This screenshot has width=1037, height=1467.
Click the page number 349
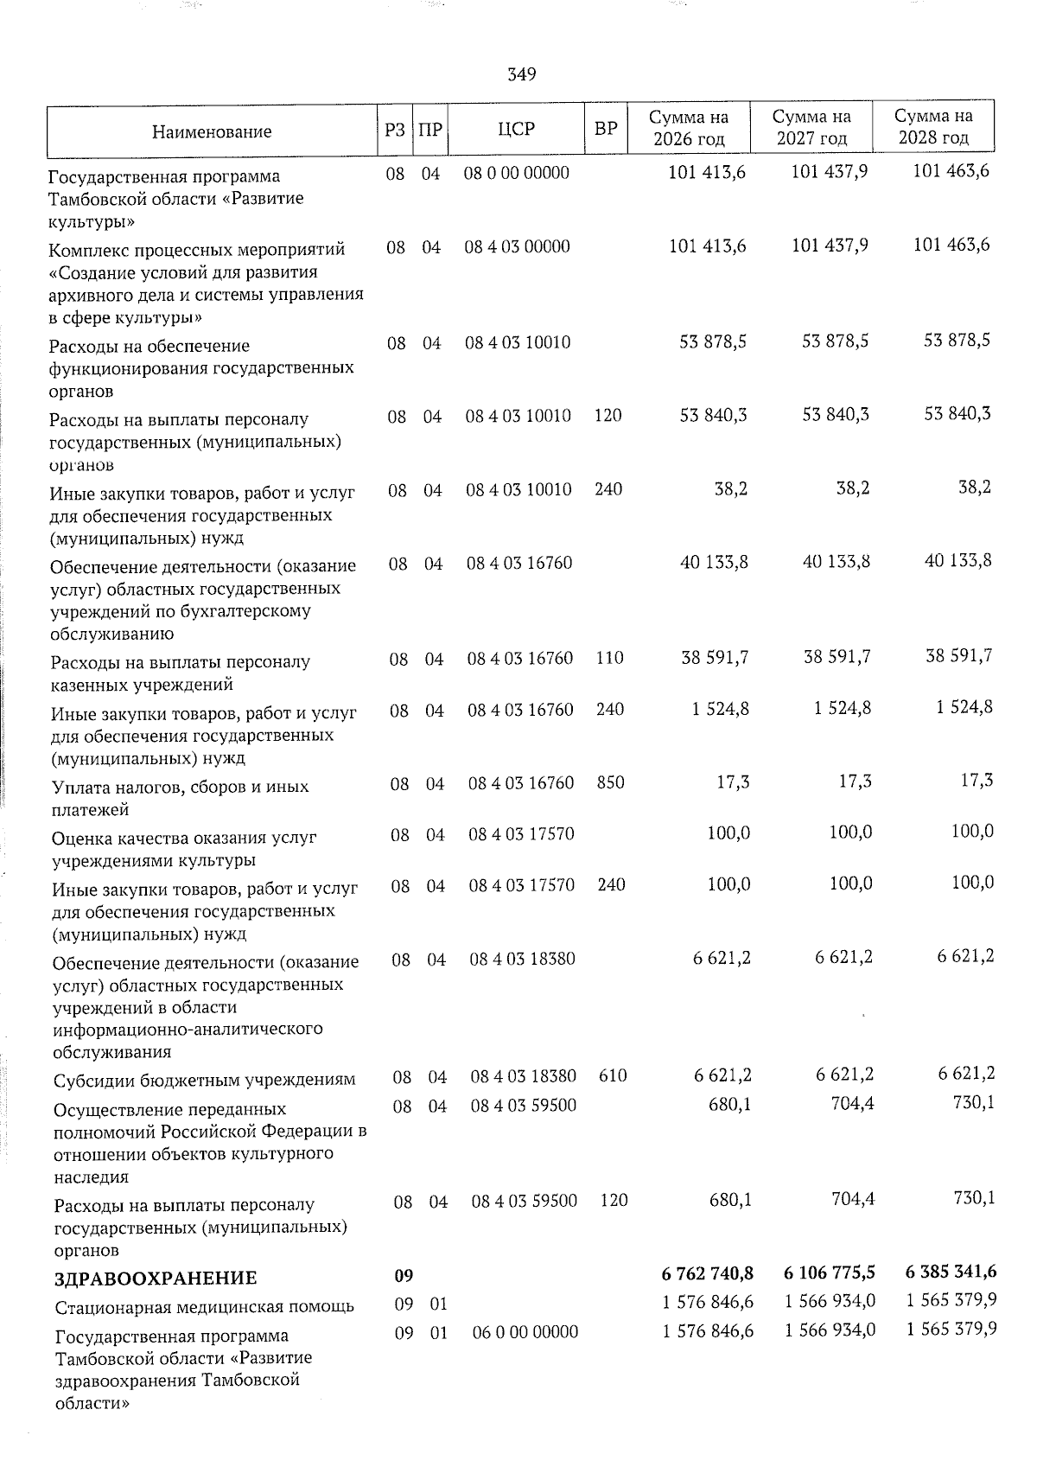tap(521, 74)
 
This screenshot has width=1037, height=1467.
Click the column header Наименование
tap(212, 131)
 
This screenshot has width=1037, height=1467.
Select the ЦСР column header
tap(517, 129)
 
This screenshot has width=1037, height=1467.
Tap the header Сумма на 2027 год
tap(811, 127)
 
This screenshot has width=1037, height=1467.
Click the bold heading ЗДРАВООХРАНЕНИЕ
tap(156, 1278)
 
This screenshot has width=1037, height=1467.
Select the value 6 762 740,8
tap(708, 1273)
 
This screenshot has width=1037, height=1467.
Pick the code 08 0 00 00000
tap(517, 173)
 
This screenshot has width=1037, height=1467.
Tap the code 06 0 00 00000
tap(525, 1332)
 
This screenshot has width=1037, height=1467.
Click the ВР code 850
tap(610, 782)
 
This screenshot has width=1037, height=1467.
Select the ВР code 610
tap(613, 1076)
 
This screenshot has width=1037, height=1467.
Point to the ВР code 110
tap(609, 658)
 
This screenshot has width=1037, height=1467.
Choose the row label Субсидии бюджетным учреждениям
tap(205, 1080)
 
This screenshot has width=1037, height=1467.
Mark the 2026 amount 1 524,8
tap(720, 709)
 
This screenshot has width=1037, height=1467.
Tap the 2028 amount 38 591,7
tap(958, 655)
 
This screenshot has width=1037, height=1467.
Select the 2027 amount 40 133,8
tap(836, 562)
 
